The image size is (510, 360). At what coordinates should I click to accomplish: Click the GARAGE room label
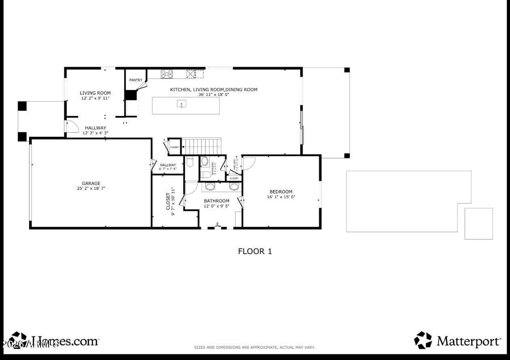91,183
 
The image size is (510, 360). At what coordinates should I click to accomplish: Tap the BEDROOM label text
281,192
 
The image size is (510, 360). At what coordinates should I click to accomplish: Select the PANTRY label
135,80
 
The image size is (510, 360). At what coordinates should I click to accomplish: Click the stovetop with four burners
167,74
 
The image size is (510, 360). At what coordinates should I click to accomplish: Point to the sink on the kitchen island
182,104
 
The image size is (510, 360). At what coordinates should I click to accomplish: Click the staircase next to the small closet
201,146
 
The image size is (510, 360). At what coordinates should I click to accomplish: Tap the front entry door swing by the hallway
72,126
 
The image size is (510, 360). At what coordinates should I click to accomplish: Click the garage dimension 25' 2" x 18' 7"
91,188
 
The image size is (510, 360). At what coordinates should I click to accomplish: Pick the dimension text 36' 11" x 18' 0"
214,95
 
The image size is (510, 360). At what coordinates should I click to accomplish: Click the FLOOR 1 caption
255,251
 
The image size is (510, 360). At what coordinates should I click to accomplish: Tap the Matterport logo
457,341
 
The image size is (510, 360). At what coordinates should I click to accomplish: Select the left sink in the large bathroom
210,186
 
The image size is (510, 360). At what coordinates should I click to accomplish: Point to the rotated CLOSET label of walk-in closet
168,201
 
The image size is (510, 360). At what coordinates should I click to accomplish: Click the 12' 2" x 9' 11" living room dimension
95,98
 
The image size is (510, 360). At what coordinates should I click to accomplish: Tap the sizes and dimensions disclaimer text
255,347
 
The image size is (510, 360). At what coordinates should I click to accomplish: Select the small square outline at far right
478,224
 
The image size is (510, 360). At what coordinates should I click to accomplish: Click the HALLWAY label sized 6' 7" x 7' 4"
168,165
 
